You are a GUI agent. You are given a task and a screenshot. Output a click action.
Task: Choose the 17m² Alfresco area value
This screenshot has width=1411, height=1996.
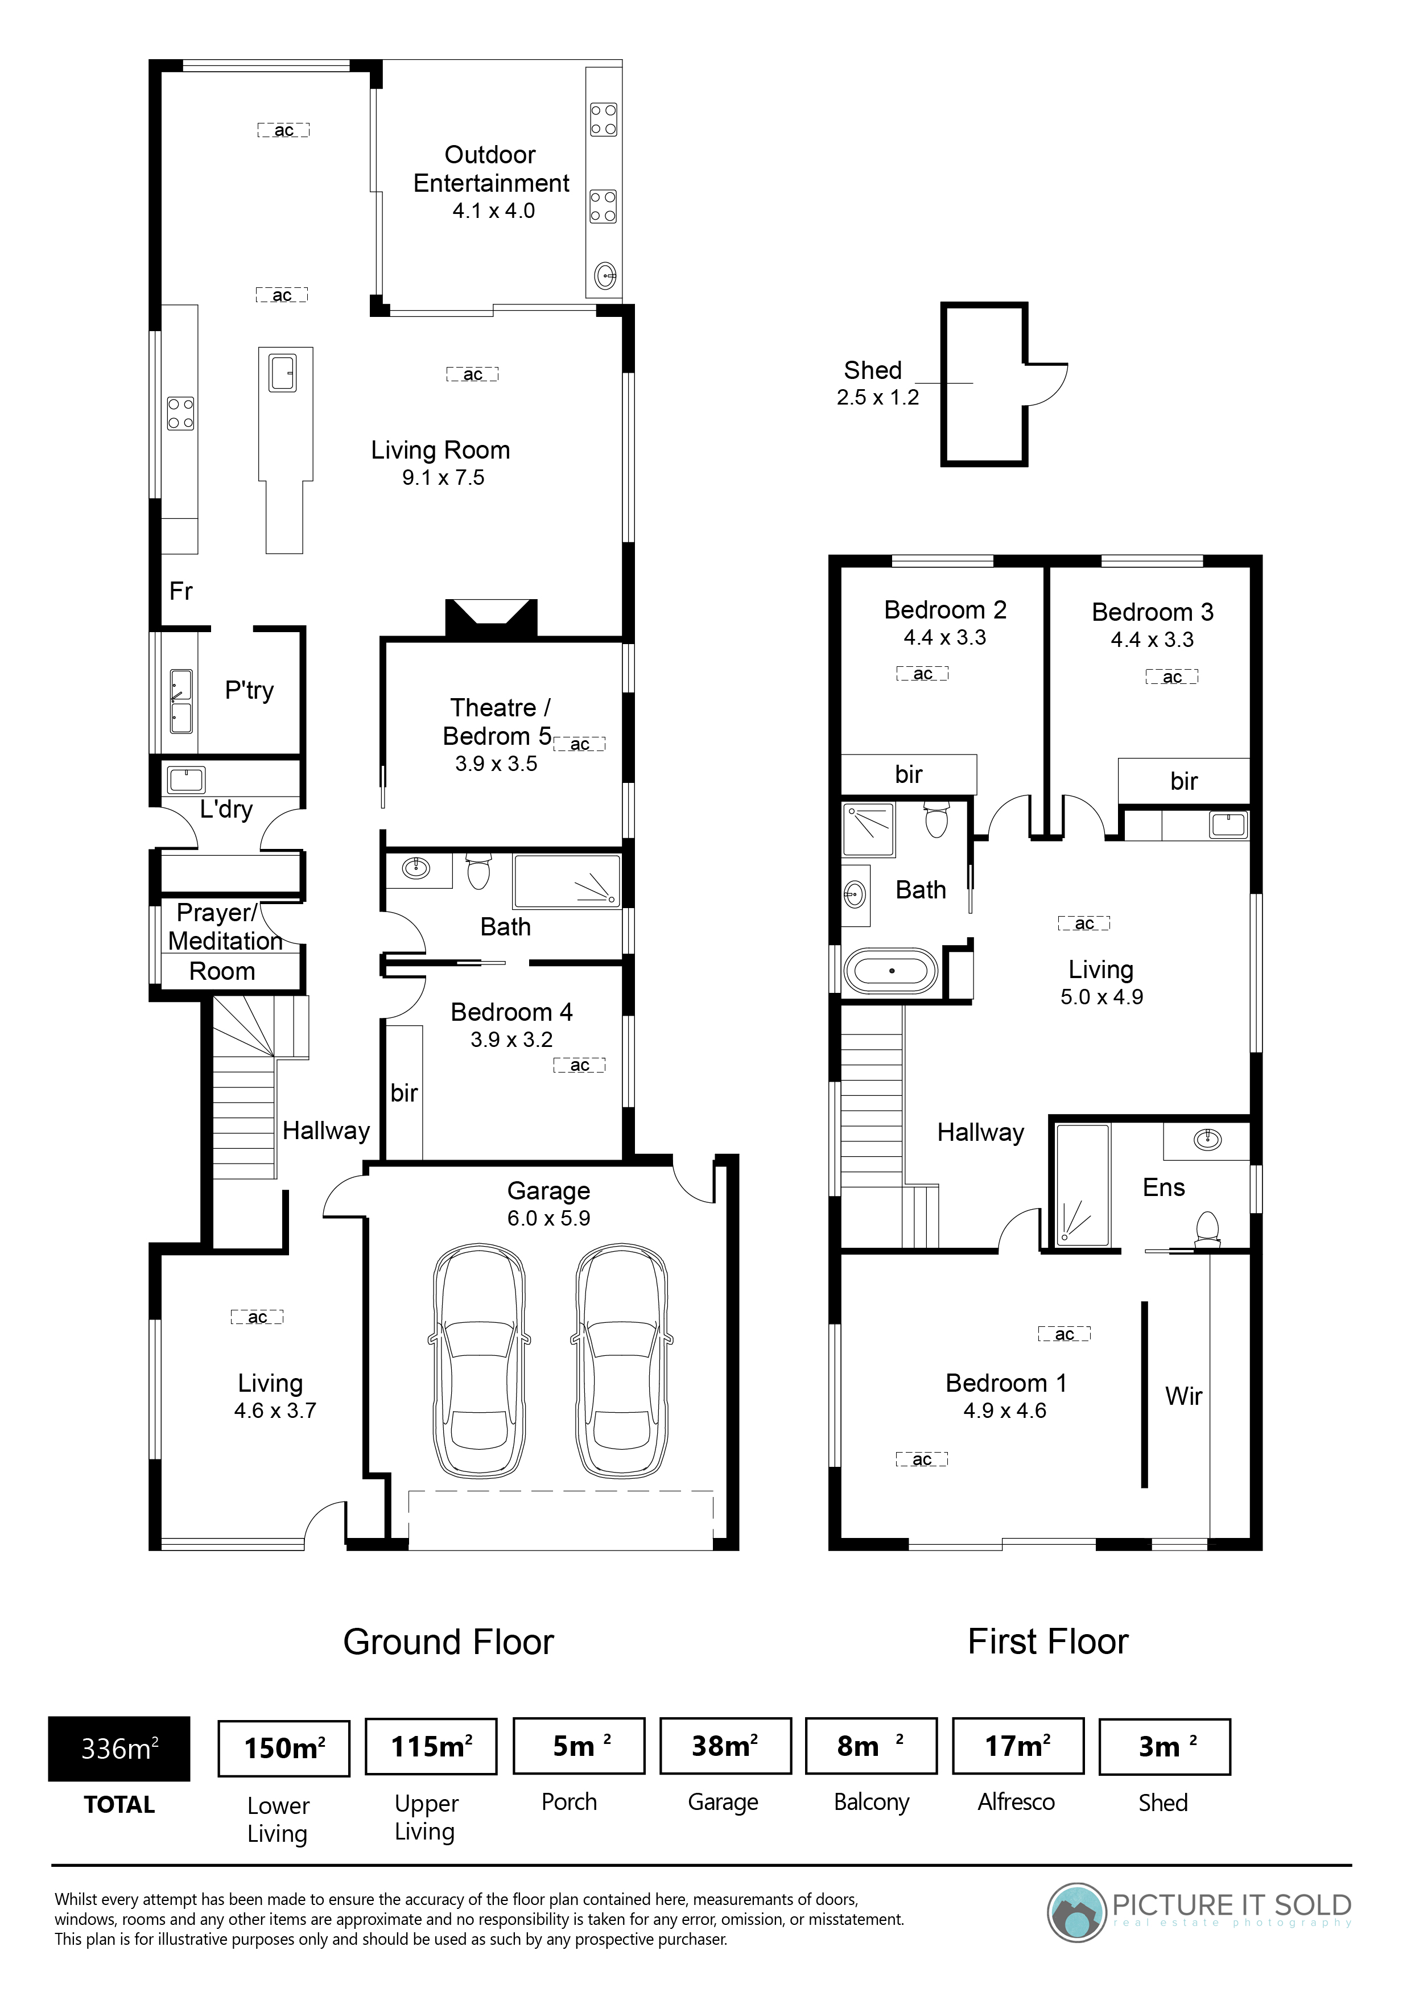click(1018, 1746)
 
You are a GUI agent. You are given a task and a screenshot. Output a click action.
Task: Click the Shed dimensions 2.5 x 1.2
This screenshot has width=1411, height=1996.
click(877, 397)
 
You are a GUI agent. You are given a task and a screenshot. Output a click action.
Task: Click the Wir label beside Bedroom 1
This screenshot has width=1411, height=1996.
click(1183, 1396)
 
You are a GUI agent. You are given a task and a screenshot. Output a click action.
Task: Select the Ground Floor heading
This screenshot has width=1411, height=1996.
click(448, 1642)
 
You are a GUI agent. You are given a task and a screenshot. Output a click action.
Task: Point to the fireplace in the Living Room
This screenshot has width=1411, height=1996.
click(491, 617)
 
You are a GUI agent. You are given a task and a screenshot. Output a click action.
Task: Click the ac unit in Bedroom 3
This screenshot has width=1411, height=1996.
click(1172, 677)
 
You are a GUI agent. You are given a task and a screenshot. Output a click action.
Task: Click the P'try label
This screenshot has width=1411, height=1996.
click(250, 690)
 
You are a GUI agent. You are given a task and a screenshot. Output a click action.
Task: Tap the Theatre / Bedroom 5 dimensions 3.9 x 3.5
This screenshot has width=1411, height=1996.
click(497, 763)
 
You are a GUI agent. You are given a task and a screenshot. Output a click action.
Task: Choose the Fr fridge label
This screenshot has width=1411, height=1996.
click(181, 591)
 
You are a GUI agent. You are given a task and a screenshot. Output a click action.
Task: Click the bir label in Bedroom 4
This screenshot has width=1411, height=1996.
click(405, 1093)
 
